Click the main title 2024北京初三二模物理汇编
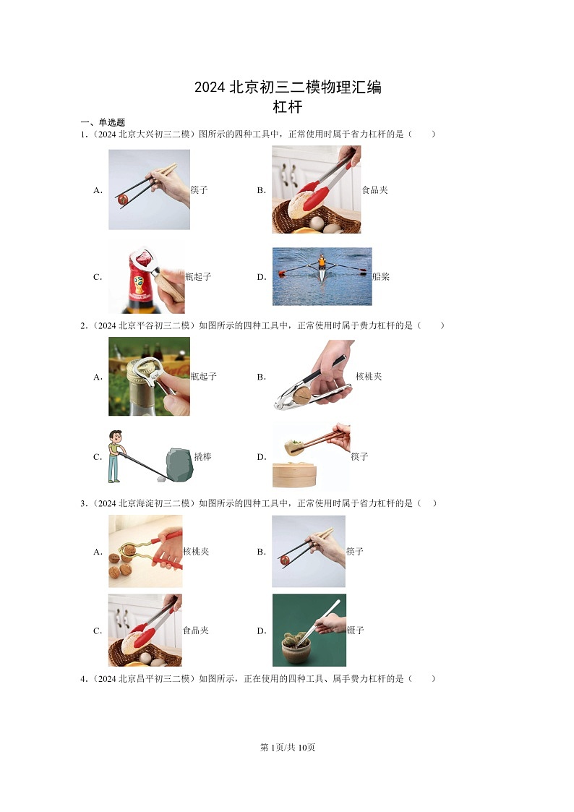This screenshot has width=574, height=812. click(288, 87)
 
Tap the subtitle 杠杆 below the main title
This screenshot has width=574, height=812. click(287, 107)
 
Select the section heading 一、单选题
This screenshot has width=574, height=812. click(103, 122)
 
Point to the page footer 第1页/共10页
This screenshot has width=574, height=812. click(287, 747)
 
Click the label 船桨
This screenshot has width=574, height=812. click(381, 276)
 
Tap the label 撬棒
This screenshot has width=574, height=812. click(203, 457)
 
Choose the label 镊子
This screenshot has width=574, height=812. click(356, 631)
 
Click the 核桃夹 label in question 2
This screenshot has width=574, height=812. click(369, 377)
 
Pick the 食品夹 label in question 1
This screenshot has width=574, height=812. click(374, 190)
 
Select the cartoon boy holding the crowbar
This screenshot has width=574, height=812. click(115, 456)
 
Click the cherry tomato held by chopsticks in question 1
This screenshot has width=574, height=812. click(123, 200)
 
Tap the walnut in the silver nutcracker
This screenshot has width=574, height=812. click(301, 395)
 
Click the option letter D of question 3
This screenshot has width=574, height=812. click(262, 631)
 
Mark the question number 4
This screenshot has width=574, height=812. click(83, 679)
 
